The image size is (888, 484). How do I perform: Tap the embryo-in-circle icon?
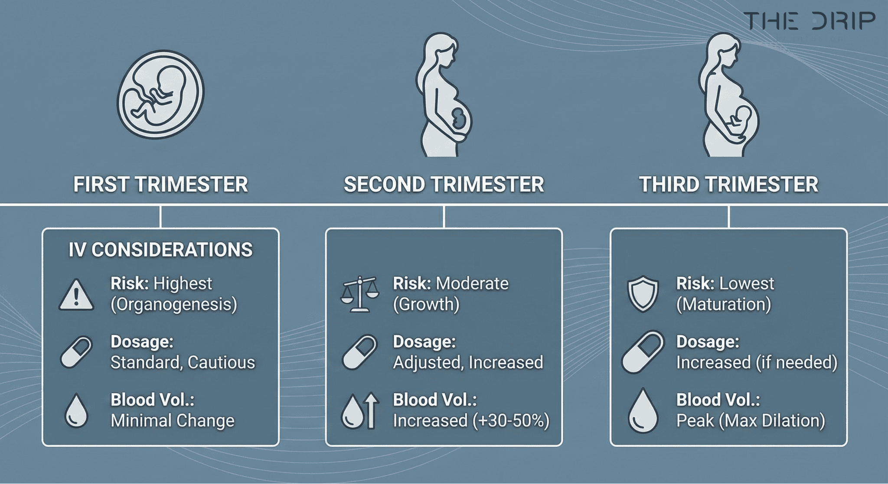coord(160,94)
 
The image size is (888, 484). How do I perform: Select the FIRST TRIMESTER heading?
coord(160,184)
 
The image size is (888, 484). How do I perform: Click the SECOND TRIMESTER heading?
coord(444,184)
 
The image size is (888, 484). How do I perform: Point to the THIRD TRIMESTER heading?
coord(728,184)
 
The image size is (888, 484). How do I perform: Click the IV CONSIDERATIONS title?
coord(160,250)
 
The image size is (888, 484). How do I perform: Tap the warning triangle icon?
coord(76,296)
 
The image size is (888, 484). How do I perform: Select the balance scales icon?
coord(359,295)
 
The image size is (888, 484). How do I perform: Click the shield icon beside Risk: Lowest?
coord(643,294)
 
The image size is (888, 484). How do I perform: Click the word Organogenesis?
coord(174,304)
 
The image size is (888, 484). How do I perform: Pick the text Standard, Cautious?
coord(183,362)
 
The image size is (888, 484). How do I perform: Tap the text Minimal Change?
coord(173,420)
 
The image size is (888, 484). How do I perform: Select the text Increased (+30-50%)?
coord(471,420)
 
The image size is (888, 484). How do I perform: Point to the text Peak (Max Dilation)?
coord(751,420)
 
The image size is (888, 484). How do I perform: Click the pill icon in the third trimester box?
coord(643,352)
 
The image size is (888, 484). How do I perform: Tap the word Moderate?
coord(472,283)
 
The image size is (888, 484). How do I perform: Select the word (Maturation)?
coord(724,304)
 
